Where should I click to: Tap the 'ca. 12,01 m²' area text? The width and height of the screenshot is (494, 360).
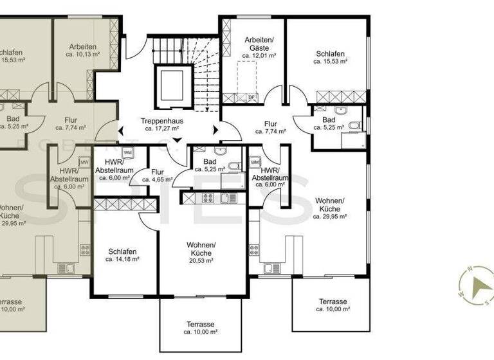pos(259,56)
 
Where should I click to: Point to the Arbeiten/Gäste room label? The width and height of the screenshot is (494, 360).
pos(259,44)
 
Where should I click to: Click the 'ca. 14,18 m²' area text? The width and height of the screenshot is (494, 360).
pos(122,259)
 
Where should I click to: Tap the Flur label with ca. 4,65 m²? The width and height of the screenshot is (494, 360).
pos(158,172)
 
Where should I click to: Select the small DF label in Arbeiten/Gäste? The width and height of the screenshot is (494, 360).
pos(252,97)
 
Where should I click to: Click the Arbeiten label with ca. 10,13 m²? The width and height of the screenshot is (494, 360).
pos(83,47)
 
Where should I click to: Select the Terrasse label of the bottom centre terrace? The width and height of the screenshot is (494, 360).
pos(201,324)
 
